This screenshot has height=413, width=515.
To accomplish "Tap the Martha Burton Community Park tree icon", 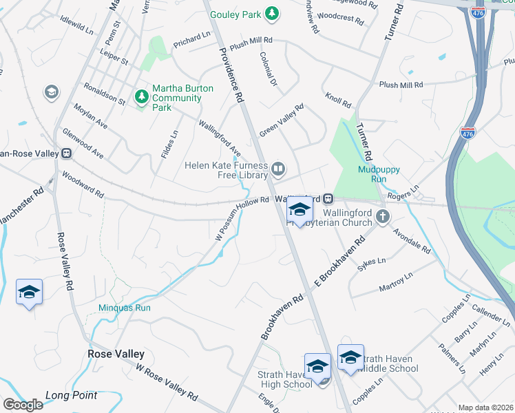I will [142, 96].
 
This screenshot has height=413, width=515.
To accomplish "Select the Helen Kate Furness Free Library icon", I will [279, 168].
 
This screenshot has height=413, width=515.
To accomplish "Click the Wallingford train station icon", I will [328, 199].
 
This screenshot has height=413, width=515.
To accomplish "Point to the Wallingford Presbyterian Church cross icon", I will [383, 218].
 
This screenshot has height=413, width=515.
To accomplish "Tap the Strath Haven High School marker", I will [317, 366].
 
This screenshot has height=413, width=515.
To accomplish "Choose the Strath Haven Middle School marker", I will [350, 357].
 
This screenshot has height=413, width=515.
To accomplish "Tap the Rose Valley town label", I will [116, 354].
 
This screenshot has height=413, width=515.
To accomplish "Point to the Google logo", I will [23, 405].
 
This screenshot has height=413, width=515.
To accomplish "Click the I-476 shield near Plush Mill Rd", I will [468, 131].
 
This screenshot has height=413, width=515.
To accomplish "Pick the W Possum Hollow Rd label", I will [240, 220].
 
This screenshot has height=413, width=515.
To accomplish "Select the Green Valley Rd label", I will [282, 120].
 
